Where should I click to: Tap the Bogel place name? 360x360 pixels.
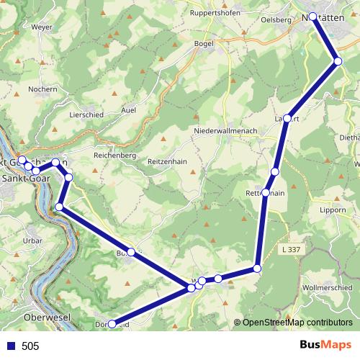(204, 44)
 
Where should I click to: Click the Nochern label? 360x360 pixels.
(42, 89)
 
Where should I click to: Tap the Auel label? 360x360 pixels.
(129, 110)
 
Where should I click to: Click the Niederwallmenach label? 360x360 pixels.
(222, 131)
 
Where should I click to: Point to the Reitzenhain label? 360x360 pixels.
(166, 162)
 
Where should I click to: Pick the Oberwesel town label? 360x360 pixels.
(45, 317)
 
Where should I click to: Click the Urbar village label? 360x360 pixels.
(32, 240)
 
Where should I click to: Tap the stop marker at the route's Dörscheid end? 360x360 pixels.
(111, 325)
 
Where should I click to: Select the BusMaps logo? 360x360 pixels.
(325, 346)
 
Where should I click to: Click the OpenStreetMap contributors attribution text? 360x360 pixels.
(297, 323)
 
